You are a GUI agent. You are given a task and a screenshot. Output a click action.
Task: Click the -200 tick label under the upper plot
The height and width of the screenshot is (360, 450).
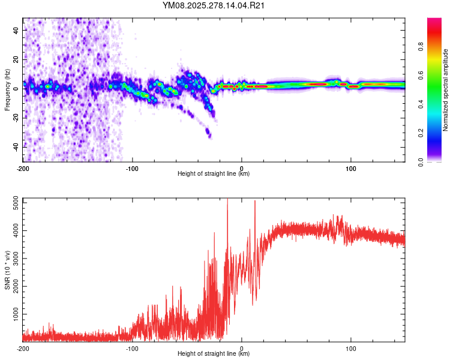[23, 168]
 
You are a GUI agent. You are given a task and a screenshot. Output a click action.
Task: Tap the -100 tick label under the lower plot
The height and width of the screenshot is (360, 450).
[132, 348]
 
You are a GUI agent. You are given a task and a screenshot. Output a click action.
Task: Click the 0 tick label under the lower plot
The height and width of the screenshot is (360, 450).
[242, 348]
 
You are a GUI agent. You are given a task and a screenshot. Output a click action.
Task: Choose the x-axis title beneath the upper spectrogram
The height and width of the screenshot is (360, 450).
[214, 174]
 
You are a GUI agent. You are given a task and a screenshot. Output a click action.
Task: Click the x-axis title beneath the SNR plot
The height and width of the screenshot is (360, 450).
[214, 354]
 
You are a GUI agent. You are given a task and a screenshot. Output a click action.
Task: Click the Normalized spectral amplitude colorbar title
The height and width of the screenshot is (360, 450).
[446, 90]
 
